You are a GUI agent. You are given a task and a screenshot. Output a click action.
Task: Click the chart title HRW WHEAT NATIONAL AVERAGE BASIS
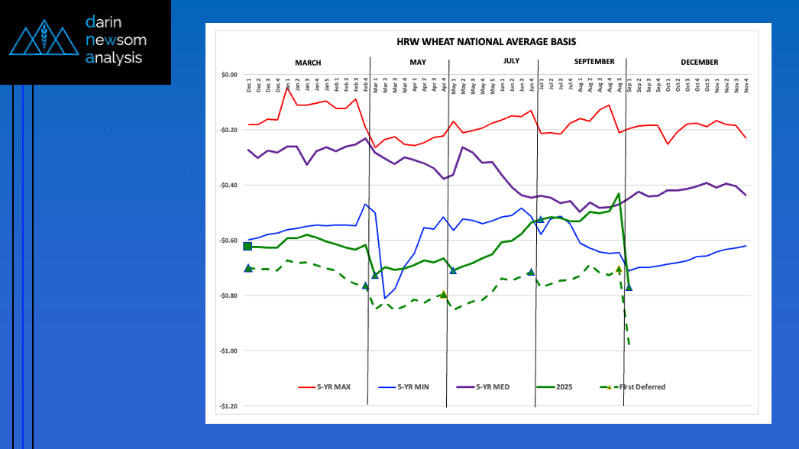tap(487, 41)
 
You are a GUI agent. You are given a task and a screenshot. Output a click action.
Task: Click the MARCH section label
tap(308, 63)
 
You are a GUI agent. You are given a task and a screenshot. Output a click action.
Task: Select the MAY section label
tap(418, 63)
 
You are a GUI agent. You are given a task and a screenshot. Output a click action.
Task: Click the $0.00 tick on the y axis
tap(229, 75)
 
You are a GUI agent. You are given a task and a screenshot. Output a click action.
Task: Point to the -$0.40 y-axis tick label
tap(228, 186)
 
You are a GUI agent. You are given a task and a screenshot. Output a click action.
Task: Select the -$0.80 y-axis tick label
tap(228, 296)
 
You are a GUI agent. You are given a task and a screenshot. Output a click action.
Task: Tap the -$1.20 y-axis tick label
tap(228, 406)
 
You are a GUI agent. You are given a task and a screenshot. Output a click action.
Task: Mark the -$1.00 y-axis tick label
tap(228, 351)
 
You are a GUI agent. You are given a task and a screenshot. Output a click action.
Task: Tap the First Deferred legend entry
tap(642, 387)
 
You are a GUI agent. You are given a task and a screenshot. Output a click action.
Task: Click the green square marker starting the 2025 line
tap(247, 246)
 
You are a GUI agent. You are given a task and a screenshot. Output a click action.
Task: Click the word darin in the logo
tap(104, 23)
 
